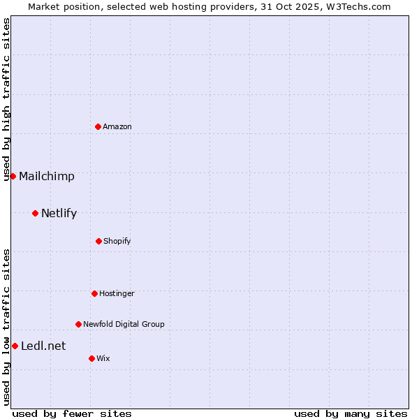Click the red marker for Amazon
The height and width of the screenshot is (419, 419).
point(98,126)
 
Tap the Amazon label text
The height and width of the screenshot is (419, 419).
point(117,127)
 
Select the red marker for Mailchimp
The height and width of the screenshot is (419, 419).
point(13,176)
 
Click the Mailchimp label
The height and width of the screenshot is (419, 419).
point(47,177)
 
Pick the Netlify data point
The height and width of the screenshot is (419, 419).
point(35,213)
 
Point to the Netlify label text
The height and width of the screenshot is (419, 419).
point(59,214)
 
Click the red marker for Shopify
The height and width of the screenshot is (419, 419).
point(98,241)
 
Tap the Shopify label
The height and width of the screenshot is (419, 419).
point(117,242)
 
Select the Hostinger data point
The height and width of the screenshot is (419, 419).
point(94,293)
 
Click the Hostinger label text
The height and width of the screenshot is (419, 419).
point(117,294)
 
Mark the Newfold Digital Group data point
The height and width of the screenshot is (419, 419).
point(78,324)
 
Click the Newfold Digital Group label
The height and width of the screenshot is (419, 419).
point(124,325)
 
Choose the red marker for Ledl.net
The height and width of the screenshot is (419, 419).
point(15,346)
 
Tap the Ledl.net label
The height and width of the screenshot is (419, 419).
point(43,346)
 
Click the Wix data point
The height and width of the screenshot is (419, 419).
point(91,358)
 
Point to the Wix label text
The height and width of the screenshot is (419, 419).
point(103,359)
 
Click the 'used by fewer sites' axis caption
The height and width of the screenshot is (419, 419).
point(72,414)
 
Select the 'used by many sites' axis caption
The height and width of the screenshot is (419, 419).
point(351,414)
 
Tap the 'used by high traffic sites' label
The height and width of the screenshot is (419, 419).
point(6,99)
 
